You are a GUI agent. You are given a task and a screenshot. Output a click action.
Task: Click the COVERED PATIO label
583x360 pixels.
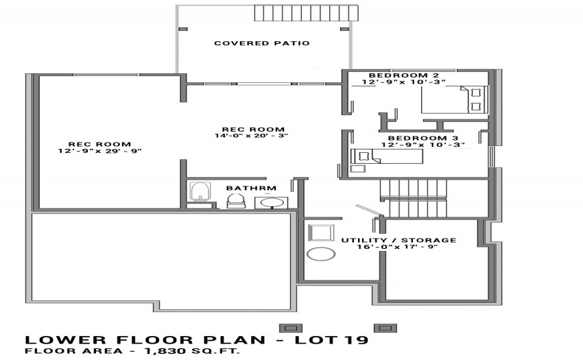(x=262, y=43)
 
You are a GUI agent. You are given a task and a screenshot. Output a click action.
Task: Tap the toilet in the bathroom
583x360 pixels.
(x=236, y=201)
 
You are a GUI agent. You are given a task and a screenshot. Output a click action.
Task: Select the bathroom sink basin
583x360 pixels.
(x=271, y=203)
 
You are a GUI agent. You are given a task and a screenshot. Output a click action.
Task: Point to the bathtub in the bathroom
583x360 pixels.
(x=200, y=191)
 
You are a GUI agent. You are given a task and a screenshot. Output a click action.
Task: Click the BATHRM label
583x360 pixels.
(x=251, y=188)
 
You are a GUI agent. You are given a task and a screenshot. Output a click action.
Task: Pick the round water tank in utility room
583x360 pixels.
(x=321, y=254)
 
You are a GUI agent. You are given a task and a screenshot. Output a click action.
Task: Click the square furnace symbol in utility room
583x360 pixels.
(x=321, y=233)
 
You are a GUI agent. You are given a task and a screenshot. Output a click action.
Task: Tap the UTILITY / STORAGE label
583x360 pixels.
(x=398, y=240)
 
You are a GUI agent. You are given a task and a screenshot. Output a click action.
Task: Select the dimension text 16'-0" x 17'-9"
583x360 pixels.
(x=397, y=247)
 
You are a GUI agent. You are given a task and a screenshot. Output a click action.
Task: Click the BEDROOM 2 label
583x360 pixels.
(x=404, y=75)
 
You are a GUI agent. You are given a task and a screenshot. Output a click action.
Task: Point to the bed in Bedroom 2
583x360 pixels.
(x=454, y=99)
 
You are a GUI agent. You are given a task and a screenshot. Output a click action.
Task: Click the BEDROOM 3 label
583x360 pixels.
(x=423, y=139)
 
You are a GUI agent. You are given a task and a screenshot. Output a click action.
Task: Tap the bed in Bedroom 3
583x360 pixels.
(x=387, y=156)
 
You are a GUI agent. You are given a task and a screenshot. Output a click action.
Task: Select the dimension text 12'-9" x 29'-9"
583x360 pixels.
(x=100, y=151)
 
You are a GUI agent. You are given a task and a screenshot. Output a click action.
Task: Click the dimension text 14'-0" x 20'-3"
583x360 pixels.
(x=251, y=136)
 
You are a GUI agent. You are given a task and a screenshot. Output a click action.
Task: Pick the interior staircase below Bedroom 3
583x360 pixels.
(x=413, y=198)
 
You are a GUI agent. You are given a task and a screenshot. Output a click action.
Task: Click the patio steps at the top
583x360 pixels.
(x=307, y=13)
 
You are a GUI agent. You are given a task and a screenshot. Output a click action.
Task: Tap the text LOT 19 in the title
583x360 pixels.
(x=332, y=339)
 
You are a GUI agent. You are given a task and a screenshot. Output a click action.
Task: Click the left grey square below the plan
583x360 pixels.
(x=290, y=328)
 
